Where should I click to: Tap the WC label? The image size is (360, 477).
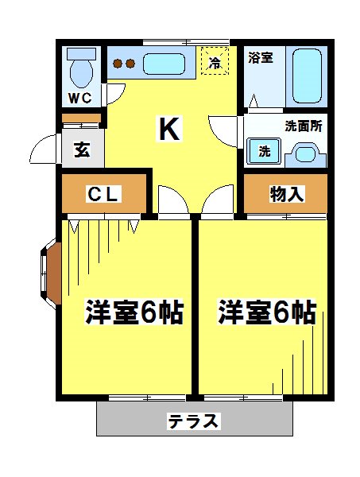pyautogui.click(x=80, y=99)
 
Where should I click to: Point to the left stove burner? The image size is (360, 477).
pyautogui.click(x=117, y=64)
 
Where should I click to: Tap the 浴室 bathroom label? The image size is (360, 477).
pyautogui.click(x=260, y=57)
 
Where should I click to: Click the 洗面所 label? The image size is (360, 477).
pyautogui.click(x=303, y=126)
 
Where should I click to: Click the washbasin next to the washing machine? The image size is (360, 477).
pyautogui.click(x=305, y=153)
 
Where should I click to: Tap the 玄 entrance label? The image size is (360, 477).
pyautogui.click(x=81, y=149)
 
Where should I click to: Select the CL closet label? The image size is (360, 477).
pyautogui.click(x=103, y=193)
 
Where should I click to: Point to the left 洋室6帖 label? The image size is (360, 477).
pyautogui.click(x=134, y=312)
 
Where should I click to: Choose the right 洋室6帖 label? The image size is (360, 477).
pyautogui.click(x=268, y=312)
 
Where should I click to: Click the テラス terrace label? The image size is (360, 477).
pyautogui.click(x=193, y=421)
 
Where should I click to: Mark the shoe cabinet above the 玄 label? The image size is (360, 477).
pyautogui.click(x=82, y=120)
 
